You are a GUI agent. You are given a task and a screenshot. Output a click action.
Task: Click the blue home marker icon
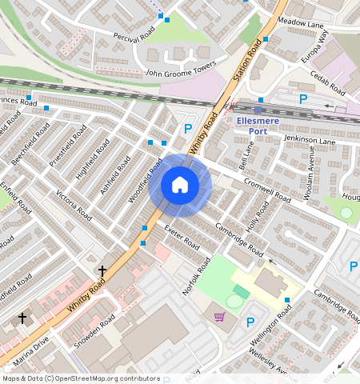click(180, 186)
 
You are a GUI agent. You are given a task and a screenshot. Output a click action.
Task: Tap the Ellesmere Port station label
click(258, 126)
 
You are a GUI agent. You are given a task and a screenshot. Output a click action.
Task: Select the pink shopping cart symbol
click(219, 318)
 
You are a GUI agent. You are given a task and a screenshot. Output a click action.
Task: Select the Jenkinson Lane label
click(309, 140)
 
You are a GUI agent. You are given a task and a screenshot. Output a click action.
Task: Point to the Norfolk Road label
click(196, 275)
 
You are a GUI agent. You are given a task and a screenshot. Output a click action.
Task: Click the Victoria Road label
click(74, 204)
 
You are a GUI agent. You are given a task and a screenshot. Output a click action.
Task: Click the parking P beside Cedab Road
click(302, 98)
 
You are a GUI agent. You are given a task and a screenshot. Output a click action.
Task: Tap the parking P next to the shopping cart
click(250, 322)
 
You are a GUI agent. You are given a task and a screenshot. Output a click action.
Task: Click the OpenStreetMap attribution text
click(81, 378)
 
